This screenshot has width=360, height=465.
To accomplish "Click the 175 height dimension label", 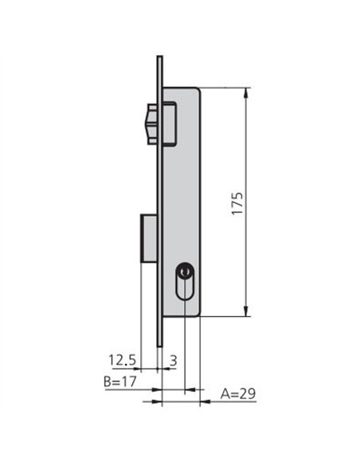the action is (237, 204).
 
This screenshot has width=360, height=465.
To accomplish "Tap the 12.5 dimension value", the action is (122, 360).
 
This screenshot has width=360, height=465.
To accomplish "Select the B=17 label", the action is (119, 381).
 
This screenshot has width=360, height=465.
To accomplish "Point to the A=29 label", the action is (238, 394).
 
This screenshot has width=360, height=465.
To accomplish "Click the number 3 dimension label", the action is (173, 361).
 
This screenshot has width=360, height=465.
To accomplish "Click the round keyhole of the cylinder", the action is (185, 271).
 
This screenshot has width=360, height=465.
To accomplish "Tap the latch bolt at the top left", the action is (152, 123).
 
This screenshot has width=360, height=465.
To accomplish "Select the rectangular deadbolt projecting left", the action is (149, 238).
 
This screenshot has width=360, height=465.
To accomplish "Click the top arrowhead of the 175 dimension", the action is (245, 93).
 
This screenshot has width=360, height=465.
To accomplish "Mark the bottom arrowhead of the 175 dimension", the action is (245, 311).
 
